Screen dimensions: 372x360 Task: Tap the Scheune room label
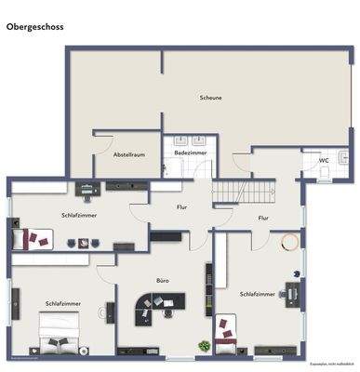[210, 97]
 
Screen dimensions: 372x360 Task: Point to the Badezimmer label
[190, 152]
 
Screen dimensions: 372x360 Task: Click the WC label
[324, 160]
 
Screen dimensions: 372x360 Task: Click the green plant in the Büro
[203, 346]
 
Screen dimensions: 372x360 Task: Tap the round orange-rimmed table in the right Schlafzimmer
[290, 243]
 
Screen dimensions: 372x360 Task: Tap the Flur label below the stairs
[263, 219]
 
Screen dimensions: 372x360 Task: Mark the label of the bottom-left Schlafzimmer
[62, 304]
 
